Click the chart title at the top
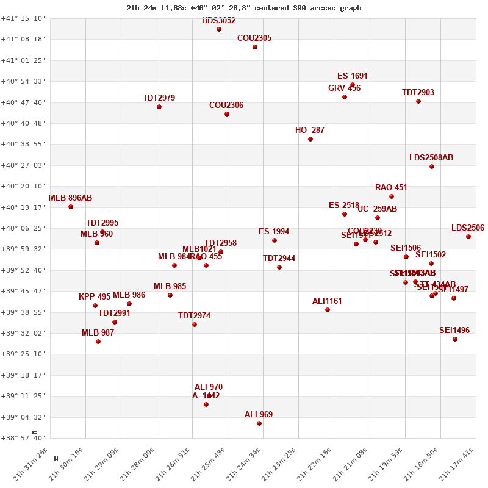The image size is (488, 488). pyautogui.click(x=243, y=8)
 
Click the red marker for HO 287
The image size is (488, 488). pyautogui.click(x=310, y=139)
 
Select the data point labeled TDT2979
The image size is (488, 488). pyautogui.click(x=159, y=107)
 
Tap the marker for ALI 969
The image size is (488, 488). pyautogui.click(x=259, y=423)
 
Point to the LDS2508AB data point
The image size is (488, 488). pyautogui.click(x=432, y=167)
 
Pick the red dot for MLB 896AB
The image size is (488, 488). pyautogui.click(x=71, y=207)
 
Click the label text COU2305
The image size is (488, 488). pyautogui.click(x=254, y=38)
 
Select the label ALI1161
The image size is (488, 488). pyautogui.click(x=327, y=301)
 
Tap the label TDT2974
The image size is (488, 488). pyautogui.click(x=194, y=316)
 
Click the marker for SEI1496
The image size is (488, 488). pyautogui.click(x=455, y=339)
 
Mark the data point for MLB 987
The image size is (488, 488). pyautogui.click(x=98, y=342)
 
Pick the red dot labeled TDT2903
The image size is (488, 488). pyautogui.click(x=418, y=101)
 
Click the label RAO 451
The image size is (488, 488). pyautogui.click(x=391, y=188)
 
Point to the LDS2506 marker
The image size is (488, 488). pyautogui.click(x=468, y=237)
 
